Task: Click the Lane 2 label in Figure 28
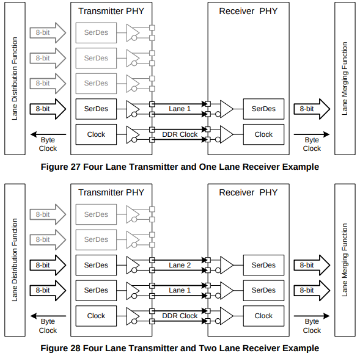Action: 180,265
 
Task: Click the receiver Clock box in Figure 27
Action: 263,134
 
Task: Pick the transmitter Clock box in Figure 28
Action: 96,316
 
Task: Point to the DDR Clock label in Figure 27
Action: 180,134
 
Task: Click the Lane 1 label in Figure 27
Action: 180,109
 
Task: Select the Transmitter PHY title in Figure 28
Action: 111,192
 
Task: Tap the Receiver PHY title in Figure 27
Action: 248,11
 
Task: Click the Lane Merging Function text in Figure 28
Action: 345,260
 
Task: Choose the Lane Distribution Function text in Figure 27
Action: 15,78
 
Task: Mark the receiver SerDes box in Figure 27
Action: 263,109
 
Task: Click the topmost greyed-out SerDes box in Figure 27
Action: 96,33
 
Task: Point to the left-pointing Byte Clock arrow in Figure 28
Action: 48,316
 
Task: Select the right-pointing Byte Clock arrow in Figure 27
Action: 312,134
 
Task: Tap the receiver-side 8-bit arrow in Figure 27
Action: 312,109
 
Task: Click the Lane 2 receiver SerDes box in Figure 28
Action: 263,265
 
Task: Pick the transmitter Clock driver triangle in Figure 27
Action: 133,134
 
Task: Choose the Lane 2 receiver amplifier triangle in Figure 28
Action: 226,265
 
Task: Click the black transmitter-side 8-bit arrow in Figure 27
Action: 48,109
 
